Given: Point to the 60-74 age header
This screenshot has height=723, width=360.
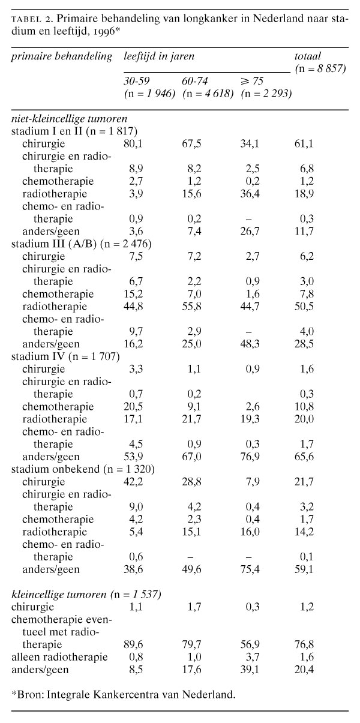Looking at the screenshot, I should click(x=196, y=80).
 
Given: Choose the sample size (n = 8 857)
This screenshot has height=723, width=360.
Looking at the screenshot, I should click(x=320, y=68).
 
